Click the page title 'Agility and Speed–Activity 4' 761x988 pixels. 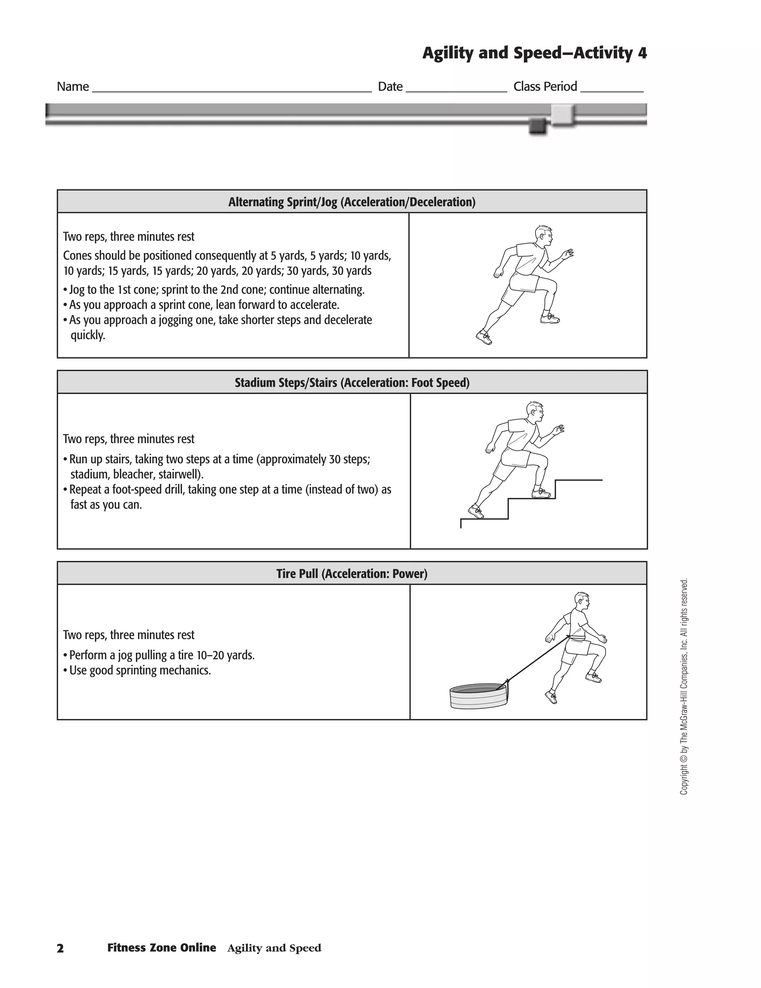pyautogui.click(x=534, y=53)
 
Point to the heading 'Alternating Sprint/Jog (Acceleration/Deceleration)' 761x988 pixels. pyautogui.click(x=352, y=202)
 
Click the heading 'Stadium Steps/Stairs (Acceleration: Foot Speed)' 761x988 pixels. pyautogui.click(x=352, y=383)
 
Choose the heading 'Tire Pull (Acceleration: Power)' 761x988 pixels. pyautogui.click(x=352, y=574)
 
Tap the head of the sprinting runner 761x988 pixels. pyautogui.click(x=543, y=235)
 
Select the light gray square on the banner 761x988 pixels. pyautogui.click(x=562, y=114)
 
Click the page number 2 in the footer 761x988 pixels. pyautogui.click(x=60, y=949)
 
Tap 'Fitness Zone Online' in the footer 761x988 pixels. pyautogui.click(x=162, y=948)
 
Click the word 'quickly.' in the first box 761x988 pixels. pyautogui.click(x=88, y=335)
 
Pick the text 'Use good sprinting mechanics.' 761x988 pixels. pyautogui.click(x=140, y=670)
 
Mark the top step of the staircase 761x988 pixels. pyautogui.click(x=579, y=480)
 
